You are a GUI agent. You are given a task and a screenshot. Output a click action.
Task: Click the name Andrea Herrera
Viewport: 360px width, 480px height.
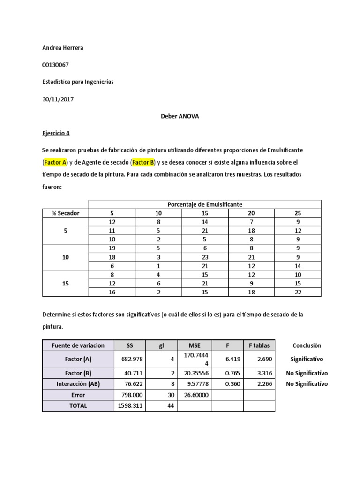[x=63, y=48]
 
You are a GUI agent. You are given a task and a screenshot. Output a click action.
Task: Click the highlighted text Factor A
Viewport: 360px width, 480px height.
[x=55, y=162]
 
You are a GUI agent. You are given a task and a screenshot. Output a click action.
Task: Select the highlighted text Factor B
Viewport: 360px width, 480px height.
[x=143, y=162]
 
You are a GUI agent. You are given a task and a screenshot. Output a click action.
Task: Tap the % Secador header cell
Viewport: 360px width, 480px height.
[x=65, y=213]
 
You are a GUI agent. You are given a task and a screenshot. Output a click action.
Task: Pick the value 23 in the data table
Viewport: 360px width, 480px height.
[x=205, y=257]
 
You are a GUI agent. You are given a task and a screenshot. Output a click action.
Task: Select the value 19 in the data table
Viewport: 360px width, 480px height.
[x=112, y=248]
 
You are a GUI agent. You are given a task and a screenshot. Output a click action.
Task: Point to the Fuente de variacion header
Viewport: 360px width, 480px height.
[x=78, y=345]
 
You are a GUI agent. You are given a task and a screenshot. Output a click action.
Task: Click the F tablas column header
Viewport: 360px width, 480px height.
[x=259, y=345]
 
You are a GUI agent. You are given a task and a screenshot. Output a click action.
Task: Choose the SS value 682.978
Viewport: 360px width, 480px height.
[x=129, y=359]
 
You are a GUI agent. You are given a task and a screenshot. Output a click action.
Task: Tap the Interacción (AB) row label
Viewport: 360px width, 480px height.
[x=78, y=384]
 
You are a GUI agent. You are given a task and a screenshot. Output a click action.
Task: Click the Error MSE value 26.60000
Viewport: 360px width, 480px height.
[x=194, y=395]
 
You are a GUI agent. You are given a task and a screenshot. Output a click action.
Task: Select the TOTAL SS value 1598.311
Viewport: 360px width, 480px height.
[x=129, y=406]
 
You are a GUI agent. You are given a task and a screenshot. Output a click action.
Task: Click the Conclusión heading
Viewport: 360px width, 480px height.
[x=307, y=345]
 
